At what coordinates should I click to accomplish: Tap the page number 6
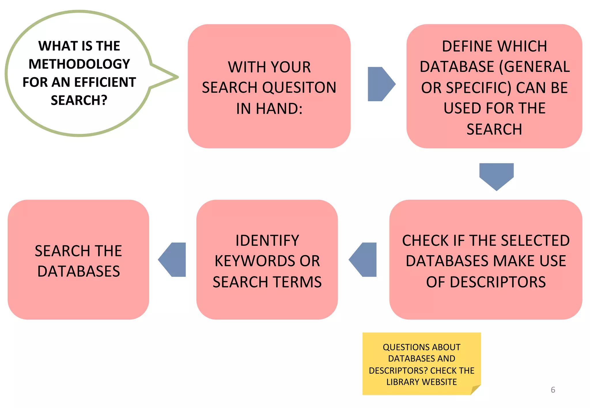(x=553, y=390)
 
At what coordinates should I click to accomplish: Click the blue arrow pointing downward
(x=496, y=176)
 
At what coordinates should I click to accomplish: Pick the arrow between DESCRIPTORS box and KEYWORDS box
(x=364, y=260)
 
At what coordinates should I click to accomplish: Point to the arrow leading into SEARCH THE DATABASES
(x=173, y=260)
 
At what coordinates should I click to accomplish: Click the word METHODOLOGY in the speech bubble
(x=79, y=64)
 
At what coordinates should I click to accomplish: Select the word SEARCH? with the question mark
(x=79, y=100)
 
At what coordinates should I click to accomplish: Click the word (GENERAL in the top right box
(x=534, y=67)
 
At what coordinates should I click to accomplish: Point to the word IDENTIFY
(x=267, y=241)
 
